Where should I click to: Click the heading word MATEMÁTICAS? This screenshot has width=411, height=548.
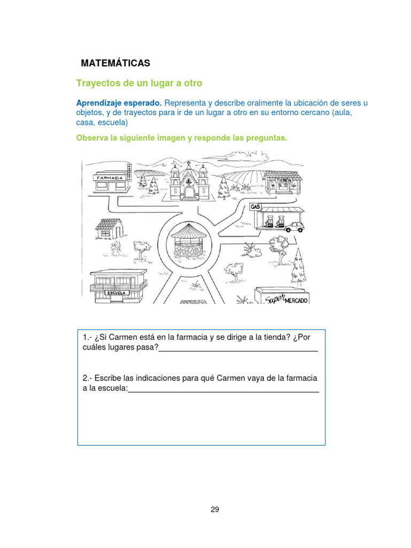(x=115, y=63)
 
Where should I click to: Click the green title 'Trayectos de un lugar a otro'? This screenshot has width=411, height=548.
(x=139, y=83)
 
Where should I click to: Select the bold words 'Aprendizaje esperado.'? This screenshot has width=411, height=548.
(x=118, y=103)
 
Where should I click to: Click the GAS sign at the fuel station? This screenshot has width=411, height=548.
(x=255, y=206)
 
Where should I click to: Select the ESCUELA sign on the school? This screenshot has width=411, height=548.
(x=117, y=293)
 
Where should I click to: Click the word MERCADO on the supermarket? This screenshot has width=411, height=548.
(x=295, y=301)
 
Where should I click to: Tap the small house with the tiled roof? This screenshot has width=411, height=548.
(x=110, y=227)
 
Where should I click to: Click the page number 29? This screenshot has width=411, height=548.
(x=215, y=509)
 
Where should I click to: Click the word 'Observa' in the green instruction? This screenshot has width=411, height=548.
(x=92, y=138)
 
